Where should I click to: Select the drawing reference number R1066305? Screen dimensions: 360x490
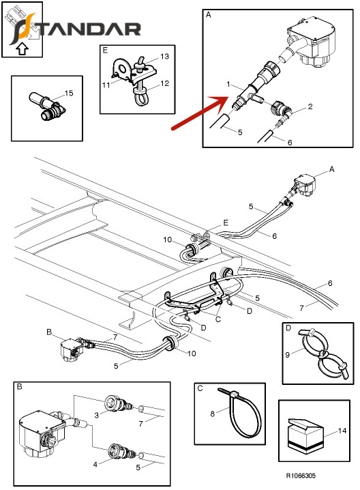[301, 476]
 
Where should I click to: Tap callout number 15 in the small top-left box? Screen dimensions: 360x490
[69, 93]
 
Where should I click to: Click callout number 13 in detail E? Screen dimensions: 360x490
[164, 57]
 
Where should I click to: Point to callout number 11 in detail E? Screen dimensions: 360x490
[106, 85]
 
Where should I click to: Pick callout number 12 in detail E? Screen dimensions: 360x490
[164, 83]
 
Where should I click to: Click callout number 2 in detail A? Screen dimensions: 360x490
[310, 106]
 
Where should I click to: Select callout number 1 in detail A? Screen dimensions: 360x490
[228, 84]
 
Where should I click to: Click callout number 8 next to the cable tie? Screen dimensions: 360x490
[212, 414]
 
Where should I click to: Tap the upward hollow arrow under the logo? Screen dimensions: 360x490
[22, 48]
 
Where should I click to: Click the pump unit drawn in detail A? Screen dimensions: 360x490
[313, 43]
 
